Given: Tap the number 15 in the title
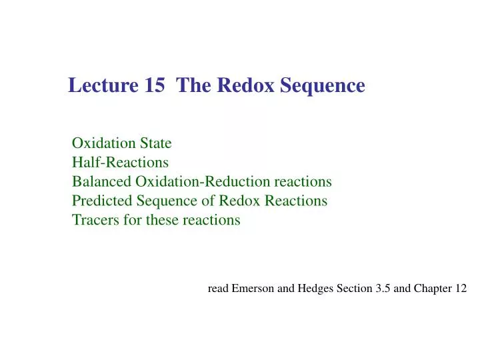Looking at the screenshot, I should pyautogui.click(x=154, y=86).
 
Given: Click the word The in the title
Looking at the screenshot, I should pyautogui.click(x=194, y=86).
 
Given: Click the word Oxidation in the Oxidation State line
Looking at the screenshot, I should pyautogui.click(x=103, y=143).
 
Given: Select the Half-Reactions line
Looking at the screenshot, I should pyautogui.click(x=120, y=162).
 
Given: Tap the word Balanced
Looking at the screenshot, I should pyautogui.click(x=101, y=181).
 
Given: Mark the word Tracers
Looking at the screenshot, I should pyautogui.click(x=95, y=220).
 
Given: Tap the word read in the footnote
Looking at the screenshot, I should pyautogui.click(x=218, y=289).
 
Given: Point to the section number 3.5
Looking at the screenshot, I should pyautogui.click(x=381, y=289).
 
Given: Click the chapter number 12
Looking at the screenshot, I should pyautogui.click(x=461, y=289).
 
